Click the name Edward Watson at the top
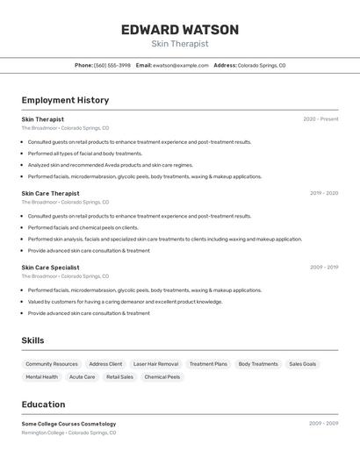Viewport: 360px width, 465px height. point(179,30)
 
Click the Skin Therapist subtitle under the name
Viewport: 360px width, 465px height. point(179,44)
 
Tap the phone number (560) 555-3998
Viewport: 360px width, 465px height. point(112,65)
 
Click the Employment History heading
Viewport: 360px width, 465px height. point(65,100)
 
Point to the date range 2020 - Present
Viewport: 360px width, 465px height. point(320,119)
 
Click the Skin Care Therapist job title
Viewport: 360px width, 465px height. point(50,193)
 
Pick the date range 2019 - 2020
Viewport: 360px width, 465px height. point(323,193)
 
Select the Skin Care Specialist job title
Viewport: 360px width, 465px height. point(50,267)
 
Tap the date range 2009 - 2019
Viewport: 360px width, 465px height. point(323,267)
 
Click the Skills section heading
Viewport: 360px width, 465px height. point(32,340)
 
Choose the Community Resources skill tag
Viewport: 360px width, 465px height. point(52,363)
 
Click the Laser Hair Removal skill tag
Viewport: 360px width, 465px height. point(155,363)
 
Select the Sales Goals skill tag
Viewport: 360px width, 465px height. point(303,363)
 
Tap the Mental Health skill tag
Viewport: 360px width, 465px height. point(41,377)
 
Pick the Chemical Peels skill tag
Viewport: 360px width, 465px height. point(162,377)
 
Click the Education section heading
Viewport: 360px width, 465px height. point(43,404)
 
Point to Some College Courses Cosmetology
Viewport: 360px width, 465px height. point(68,424)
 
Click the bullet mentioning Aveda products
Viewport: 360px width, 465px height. point(110,165)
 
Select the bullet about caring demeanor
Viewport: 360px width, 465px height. point(125,302)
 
